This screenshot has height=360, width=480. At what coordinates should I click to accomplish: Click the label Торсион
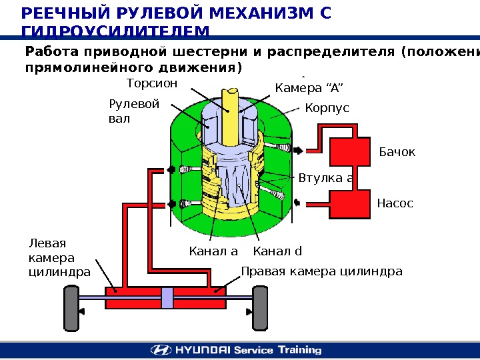pyautogui.click(x=153, y=84)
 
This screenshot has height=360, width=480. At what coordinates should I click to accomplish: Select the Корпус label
pyautogui.click(x=327, y=108)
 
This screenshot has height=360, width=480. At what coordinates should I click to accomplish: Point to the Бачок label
pyautogui.click(x=397, y=153)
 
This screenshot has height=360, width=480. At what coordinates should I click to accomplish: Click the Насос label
pyautogui.click(x=395, y=203)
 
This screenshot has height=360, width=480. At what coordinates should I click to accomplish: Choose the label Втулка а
pyautogui.click(x=326, y=178)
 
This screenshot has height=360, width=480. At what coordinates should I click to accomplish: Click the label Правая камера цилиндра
pyautogui.click(x=321, y=271)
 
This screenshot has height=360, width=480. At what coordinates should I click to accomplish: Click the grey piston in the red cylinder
pyautogui.click(x=167, y=298)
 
